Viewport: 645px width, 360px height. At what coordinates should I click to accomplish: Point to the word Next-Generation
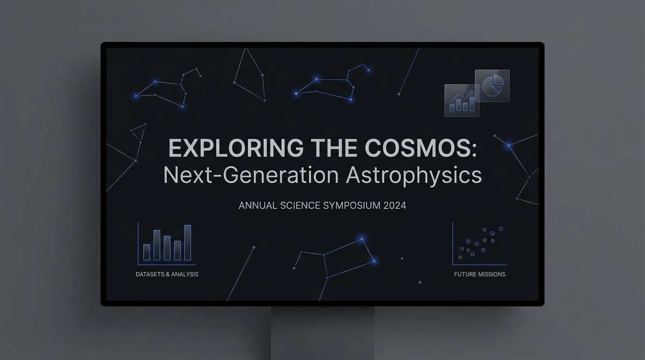coord(251,175)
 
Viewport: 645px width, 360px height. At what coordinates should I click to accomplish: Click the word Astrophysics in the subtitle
coord(414,175)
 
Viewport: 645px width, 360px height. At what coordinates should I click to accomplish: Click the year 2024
coord(395,205)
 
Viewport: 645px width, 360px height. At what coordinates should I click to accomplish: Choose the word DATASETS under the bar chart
coord(150,274)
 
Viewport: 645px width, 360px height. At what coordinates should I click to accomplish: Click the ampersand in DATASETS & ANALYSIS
coord(168,274)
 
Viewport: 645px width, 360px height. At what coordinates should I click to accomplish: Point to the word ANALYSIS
coord(185,274)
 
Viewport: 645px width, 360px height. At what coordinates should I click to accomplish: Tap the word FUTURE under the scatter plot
coord(465,274)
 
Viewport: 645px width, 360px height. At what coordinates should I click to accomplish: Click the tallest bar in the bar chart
coord(187,242)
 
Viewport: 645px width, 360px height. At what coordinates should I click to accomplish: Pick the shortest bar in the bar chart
coord(147,252)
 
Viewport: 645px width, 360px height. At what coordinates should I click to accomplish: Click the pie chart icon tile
coord(492,86)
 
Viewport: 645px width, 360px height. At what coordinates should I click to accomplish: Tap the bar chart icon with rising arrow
coord(462,100)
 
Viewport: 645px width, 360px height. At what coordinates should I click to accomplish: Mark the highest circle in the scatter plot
coord(501,229)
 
